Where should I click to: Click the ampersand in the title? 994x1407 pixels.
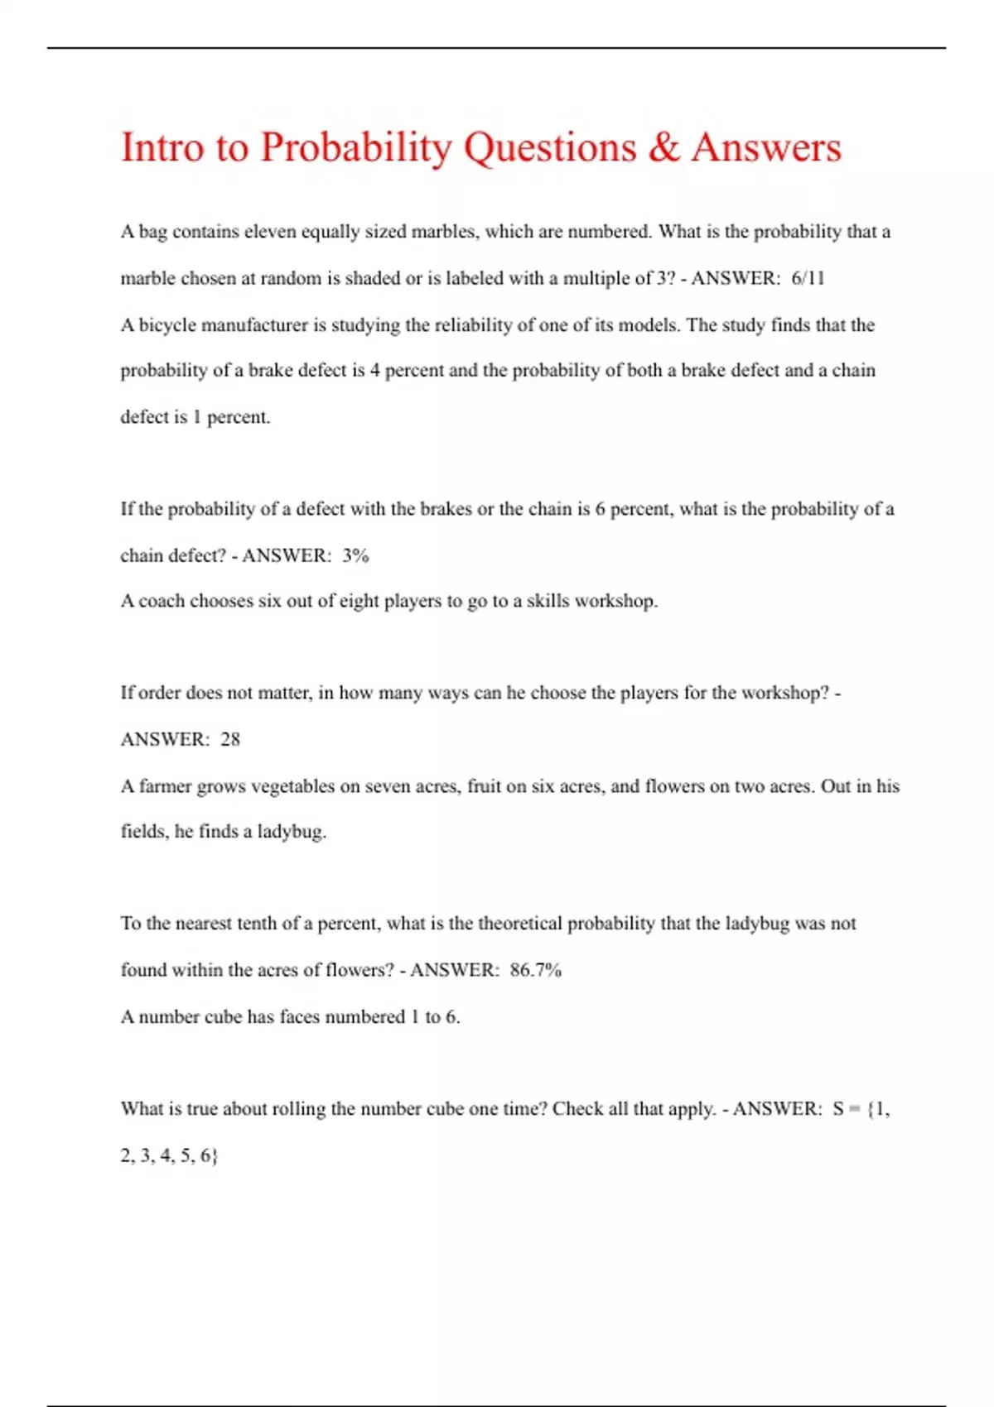[663, 147]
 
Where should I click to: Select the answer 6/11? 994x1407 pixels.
[808, 279]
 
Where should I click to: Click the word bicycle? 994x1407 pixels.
[167, 325]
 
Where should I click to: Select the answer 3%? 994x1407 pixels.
[355, 555]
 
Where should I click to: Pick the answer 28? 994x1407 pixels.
[230, 739]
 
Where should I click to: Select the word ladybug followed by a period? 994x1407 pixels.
[292, 832]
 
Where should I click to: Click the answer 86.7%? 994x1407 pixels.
[535, 970]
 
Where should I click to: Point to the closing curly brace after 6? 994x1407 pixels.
[215, 1155]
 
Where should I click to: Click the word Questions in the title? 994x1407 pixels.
[549, 148]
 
